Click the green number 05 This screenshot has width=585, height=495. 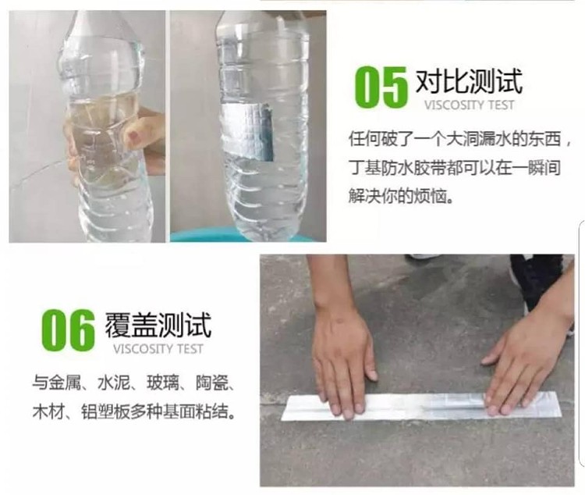381,87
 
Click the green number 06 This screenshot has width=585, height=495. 69,330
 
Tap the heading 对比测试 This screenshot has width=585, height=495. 469,81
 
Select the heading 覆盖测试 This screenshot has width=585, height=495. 158,325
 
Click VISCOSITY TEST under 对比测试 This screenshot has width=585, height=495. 470,105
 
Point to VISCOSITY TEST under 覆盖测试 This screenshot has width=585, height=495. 158,349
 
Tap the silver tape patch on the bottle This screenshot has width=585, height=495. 248,132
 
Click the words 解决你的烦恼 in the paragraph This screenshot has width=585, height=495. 396,196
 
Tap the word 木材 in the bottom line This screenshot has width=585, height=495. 48,411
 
